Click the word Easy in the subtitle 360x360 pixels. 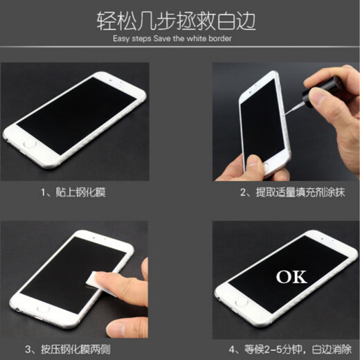(120, 39)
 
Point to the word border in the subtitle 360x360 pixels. (218, 39)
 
